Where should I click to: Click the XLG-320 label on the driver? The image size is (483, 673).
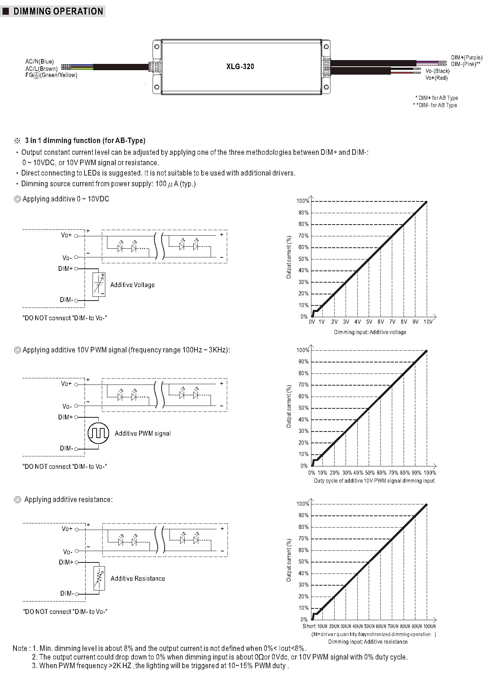pyautogui.click(x=240, y=67)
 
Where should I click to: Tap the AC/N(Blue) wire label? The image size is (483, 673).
pyautogui.click(x=39, y=61)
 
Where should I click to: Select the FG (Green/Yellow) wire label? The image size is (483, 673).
pyautogui.click(x=51, y=75)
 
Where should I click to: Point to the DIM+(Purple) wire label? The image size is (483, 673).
pyautogui.click(x=466, y=57)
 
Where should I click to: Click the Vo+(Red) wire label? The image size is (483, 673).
pyautogui.click(x=436, y=78)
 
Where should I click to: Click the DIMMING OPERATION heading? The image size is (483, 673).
pyautogui.click(x=58, y=11)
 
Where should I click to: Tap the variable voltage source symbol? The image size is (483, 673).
pyautogui.click(x=99, y=284)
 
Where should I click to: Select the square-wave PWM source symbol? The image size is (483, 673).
pyautogui.click(x=98, y=433)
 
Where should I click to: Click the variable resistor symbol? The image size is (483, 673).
pyautogui.click(x=99, y=578)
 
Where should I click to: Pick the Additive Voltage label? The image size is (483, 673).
pyautogui.click(x=132, y=285)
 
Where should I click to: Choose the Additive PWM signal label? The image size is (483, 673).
pyautogui.click(x=143, y=434)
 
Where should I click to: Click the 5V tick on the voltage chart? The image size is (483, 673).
pyautogui.click(x=369, y=322)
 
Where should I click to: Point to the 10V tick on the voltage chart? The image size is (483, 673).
pyautogui.click(x=428, y=322)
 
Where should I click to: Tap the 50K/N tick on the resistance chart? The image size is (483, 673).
pyautogui.click(x=369, y=626)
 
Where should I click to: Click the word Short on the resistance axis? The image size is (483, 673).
pyautogui.click(x=309, y=626)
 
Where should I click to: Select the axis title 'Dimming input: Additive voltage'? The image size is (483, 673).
pyautogui.click(x=370, y=332)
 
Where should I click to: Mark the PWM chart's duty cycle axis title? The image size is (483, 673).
pyautogui.click(x=374, y=481)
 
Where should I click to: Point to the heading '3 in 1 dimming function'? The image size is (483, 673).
pyautogui.click(x=85, y=141)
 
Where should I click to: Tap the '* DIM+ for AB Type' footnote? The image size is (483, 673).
pyautogui.click(x=436, y=98)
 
